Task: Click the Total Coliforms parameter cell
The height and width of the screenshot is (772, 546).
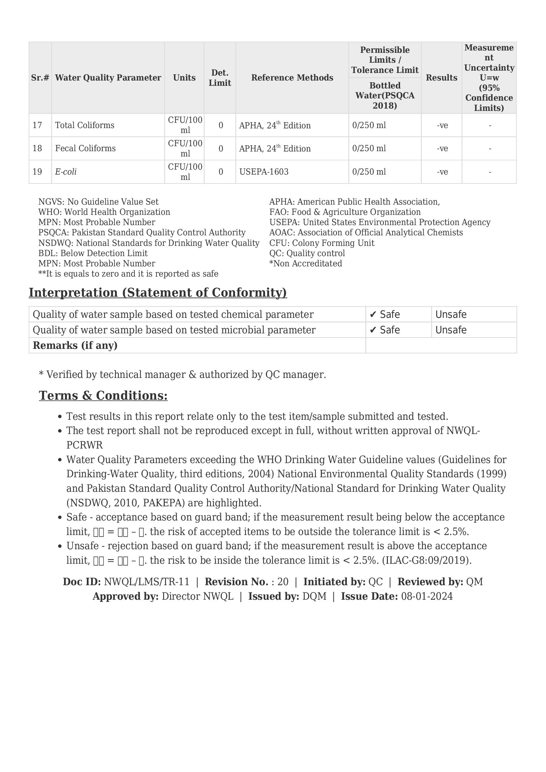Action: coord(85,125)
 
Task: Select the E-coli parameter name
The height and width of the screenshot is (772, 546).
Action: coord(66,172)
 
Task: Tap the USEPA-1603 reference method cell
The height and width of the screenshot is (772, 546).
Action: coord(264,172)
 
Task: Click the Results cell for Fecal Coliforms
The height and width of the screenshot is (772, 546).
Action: coord(442,149)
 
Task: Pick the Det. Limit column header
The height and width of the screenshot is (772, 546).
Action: coord(220,78)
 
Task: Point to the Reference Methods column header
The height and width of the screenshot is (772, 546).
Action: coord(292,78)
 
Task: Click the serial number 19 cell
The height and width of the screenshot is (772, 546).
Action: coord(37,172)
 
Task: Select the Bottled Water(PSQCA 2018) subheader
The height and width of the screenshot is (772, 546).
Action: coord(385,95)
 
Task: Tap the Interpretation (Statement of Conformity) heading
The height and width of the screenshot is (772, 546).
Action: coord(158,292)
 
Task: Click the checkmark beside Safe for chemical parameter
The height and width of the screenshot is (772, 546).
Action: coord(372,315)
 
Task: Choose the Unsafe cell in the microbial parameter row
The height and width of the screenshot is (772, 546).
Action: coord(451,330)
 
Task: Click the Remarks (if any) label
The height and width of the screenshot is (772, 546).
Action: coord(75,345)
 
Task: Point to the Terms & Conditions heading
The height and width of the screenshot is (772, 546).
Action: coord(103,395)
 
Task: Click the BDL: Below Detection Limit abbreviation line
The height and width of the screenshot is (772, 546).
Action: coord(93,253)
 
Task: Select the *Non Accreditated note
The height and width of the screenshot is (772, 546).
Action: coord(306,264)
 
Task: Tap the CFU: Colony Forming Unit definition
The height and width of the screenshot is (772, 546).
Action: coord(322,243)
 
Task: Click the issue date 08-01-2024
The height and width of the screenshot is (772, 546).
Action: coord(427,596)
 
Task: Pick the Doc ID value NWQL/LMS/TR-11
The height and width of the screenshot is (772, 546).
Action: coord(147,582)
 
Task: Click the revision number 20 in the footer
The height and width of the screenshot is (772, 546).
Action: coord(283,582)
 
